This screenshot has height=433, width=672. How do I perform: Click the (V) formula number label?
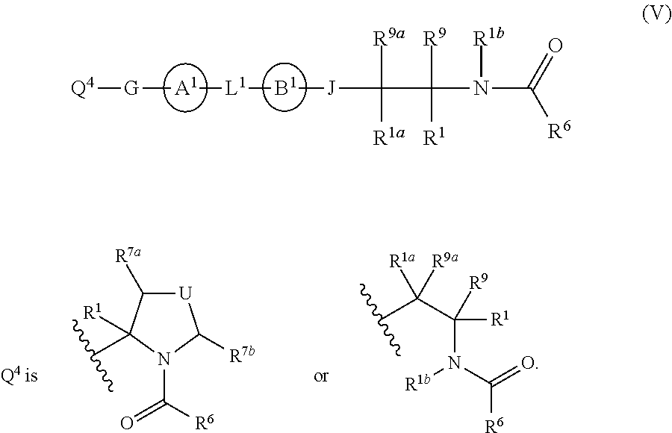(x=657, y=16)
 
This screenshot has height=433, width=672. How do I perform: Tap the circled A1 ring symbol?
(x=183, y=90)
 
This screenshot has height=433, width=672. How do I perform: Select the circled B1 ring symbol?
(x=284, y=90)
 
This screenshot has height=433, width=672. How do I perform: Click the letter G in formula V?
(x=131, y=90)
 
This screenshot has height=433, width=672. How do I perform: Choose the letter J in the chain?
(x=331, y=90)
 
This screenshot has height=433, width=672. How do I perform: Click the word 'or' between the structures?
(x=321, y=376)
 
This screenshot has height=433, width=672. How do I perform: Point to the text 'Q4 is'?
(x=22, y=376)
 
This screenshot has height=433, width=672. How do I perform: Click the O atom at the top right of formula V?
(x=555, y=46)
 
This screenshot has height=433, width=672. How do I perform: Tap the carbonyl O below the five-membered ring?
(x=127, y=423)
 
